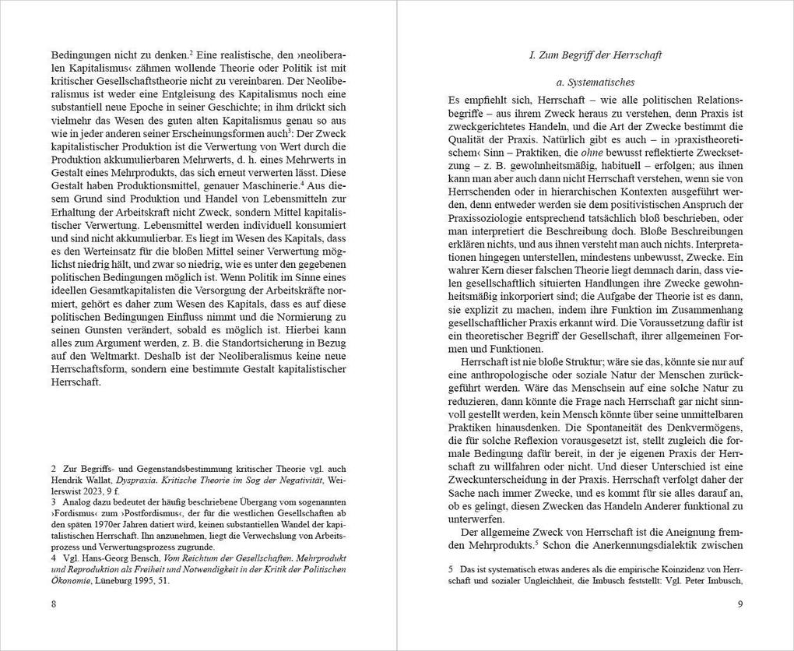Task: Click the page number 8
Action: tap(54, 605)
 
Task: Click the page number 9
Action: tap(740, 605)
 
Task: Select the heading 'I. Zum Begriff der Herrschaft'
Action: tap(595, 55)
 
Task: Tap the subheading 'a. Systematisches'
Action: tap(595, 82)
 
